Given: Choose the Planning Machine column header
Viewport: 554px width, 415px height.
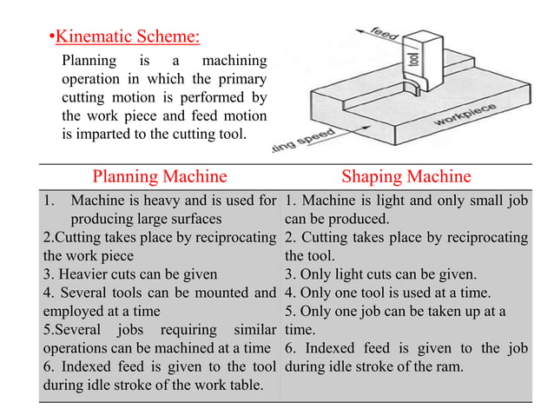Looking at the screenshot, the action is coord(160,178).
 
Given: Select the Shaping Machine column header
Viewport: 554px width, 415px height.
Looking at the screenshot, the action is coord(406,178).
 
